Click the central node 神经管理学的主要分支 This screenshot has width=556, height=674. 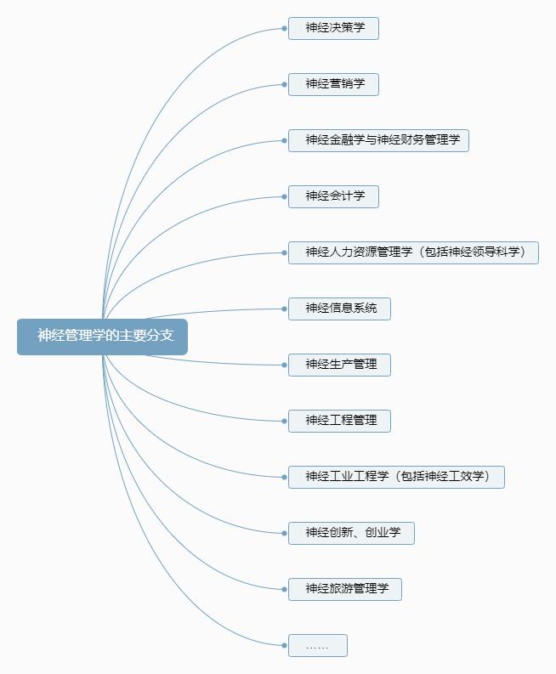tap(102, 336)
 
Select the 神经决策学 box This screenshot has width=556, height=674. tap(333, 28)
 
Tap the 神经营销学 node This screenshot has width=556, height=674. tap(333, 84)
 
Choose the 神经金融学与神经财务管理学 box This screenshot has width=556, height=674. tap(378, 140)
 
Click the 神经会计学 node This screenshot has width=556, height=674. tap(333, 196)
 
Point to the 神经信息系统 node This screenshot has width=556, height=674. tap(339, 309)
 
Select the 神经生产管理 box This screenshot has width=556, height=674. tap(339, 365)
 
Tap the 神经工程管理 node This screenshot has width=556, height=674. tap(339, 421)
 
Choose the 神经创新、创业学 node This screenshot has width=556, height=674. tap(351, 533)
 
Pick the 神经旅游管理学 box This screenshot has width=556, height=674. tap(344, 589)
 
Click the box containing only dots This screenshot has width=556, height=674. tap(317, 645)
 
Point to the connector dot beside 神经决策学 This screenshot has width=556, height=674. tap(284, 28)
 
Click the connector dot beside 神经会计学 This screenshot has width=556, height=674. tap(284, 196)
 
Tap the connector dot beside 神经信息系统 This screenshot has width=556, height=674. tap(284, 309)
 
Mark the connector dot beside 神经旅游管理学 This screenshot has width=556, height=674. tap(284, 589)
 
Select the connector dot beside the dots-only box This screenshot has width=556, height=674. tap(284, 645)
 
